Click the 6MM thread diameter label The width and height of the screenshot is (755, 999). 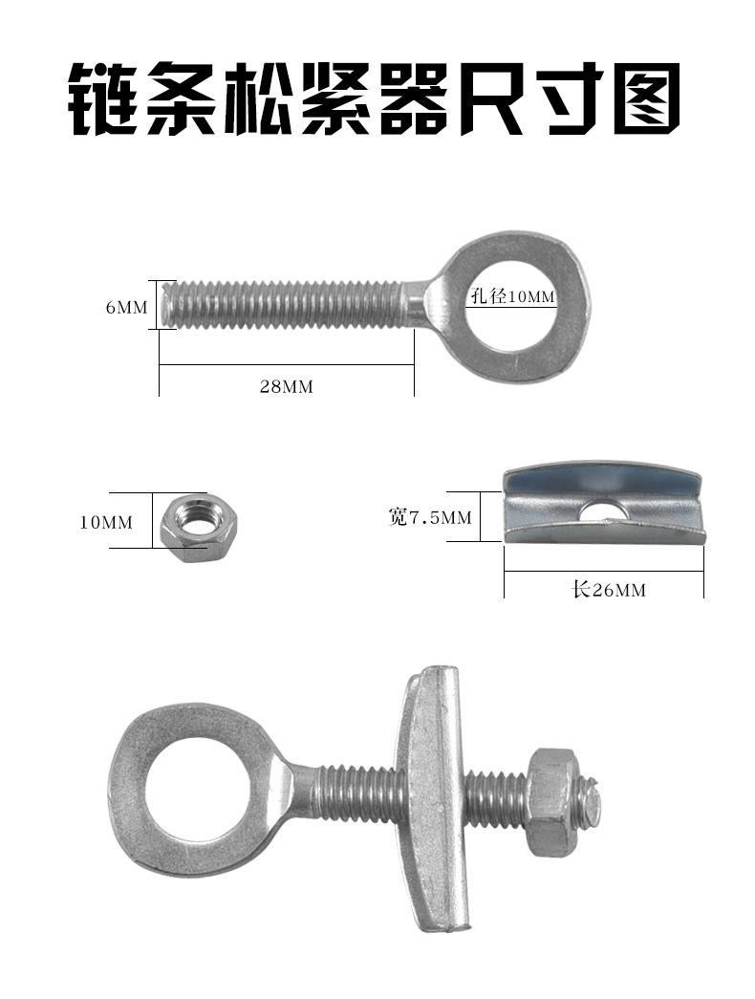coord(126,307)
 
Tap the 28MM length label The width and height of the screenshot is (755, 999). coord(286,386)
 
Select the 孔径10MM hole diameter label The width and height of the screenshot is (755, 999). coord(513,296)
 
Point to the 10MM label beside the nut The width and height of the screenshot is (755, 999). coord(106,522)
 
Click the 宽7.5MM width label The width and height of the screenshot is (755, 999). coord(430,516)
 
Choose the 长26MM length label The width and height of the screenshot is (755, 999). coord(609,590)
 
